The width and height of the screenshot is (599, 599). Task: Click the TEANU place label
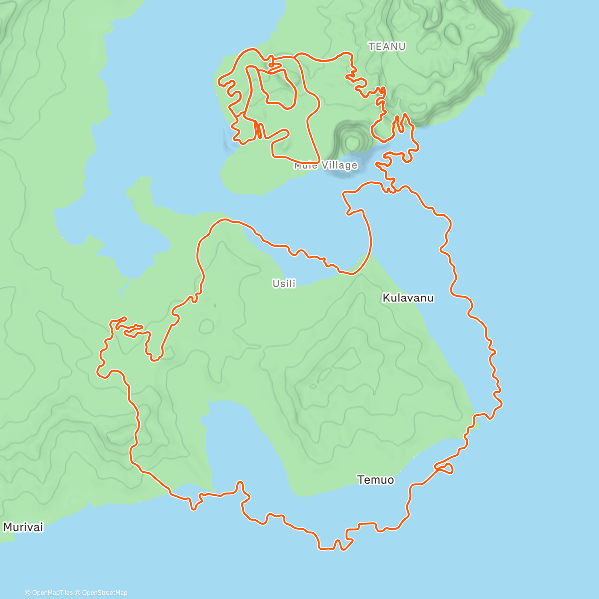387,46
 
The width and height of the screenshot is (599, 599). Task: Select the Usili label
284,283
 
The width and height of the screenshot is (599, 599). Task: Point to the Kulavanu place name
408,298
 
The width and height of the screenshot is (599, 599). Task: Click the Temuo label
375,480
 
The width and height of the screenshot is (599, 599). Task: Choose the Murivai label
23,527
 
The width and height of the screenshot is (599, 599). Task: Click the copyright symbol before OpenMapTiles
28,593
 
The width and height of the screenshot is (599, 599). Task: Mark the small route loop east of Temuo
446,468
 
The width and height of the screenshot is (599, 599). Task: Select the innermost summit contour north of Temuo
324,374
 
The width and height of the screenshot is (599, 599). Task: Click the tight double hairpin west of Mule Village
259,130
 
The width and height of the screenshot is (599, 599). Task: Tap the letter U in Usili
275,283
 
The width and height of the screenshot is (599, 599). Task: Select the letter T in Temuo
360,480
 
